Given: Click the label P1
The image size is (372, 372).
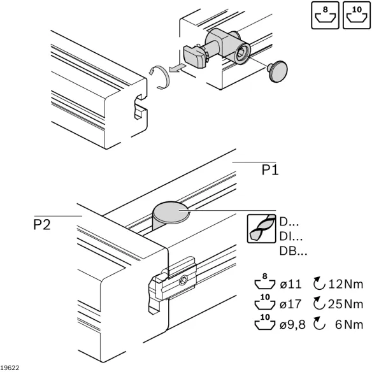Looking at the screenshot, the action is pos(270,170).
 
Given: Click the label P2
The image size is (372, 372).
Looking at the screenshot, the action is pos(42,224).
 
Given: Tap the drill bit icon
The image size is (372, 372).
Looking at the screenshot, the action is pos(261,229).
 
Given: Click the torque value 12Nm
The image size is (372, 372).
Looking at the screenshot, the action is pos(346,284).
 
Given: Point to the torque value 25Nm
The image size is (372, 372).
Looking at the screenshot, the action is pos(346,304).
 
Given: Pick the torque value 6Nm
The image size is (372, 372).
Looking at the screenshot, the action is pos(349,324).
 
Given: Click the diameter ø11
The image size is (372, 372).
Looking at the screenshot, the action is pos(290,284).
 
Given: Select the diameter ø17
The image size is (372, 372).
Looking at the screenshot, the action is pos(290,304).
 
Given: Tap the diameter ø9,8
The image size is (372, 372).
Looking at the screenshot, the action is pos(292,324).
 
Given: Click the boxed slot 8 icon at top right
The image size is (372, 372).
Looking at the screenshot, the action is pos(325,15).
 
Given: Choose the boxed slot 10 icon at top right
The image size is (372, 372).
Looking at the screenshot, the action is pos(357,15).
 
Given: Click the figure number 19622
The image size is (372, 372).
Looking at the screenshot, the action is pos(10,368).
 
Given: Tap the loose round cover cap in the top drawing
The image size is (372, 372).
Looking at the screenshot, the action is pos(277,71).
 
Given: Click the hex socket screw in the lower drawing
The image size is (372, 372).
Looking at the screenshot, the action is pos(183,281).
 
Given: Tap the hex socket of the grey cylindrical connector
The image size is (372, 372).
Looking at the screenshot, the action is pos(241,54).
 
